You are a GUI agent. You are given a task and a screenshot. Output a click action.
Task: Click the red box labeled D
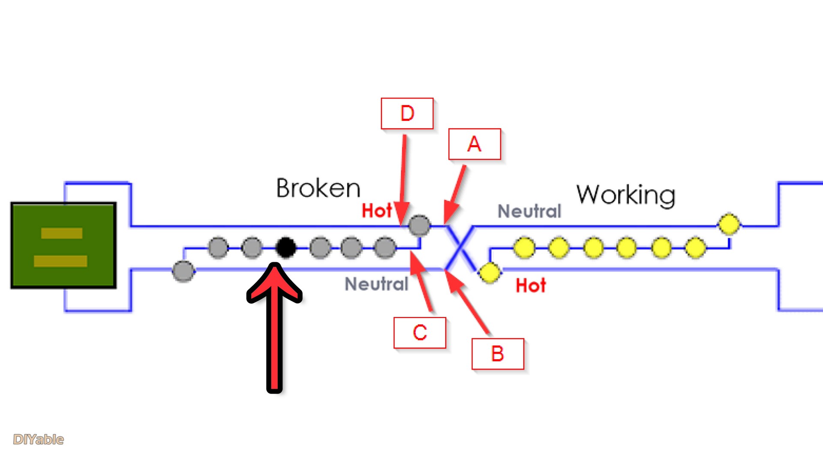[407, 114]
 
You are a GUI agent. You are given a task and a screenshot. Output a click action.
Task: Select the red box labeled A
[474, 144]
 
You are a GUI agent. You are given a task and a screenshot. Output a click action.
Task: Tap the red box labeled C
[420, 333]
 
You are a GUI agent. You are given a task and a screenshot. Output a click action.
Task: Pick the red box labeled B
[497, 354]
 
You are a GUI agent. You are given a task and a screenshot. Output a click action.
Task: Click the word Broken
[318, 188]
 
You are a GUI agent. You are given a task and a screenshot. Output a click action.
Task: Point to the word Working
[626, 195]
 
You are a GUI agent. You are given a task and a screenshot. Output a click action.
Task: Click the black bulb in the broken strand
[286, 247]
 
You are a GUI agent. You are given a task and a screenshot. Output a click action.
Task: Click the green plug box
[63, 245]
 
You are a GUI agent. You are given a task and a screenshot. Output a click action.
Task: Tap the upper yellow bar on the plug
[62, 233]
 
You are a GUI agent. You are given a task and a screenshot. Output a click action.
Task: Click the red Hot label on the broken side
[376, 211]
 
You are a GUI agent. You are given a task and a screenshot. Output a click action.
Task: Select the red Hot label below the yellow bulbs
[531, 286]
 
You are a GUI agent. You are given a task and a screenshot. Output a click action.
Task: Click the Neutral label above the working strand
[529, 211]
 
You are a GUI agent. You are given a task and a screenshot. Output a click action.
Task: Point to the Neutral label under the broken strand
[376, 284]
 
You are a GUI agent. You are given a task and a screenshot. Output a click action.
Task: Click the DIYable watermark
[38, 439]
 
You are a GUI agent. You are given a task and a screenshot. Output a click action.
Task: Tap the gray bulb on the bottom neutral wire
[183, 271]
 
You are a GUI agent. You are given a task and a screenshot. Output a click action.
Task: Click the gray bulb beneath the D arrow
[419, 225]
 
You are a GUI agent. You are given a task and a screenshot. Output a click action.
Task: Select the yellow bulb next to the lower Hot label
[489, 273]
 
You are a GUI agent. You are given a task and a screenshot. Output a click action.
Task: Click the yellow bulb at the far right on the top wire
[729, 224]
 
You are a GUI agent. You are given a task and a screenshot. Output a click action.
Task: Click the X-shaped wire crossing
[460, 248]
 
